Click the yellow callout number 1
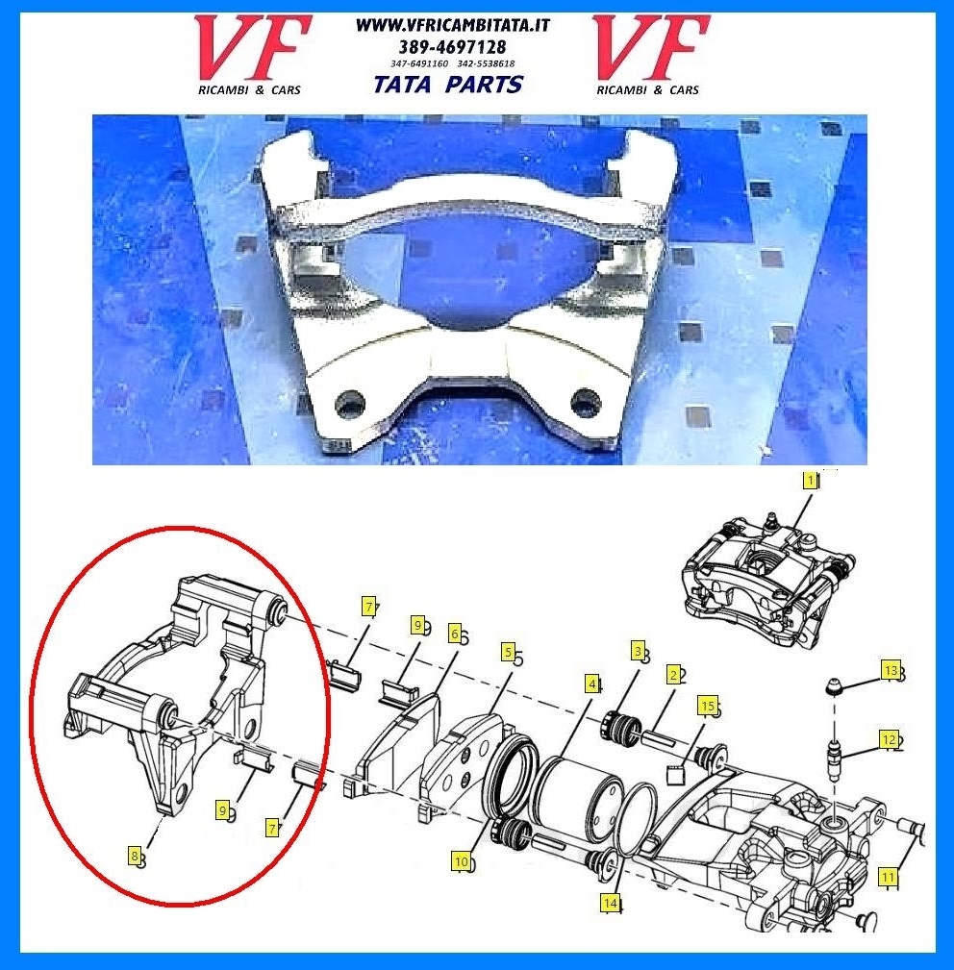809,481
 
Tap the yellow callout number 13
891,671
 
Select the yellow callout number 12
889,740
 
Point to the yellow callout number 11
888,877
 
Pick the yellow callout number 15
708,706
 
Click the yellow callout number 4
592,684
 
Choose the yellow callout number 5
508,652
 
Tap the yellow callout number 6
455,634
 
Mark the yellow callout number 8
135,857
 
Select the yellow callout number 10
462,861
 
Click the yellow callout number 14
610,903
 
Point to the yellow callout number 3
638,652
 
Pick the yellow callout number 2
673,674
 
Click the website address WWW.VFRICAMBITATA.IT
453,25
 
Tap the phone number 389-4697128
452,47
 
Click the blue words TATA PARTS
448,85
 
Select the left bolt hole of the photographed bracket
349,405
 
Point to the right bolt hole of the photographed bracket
585,402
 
